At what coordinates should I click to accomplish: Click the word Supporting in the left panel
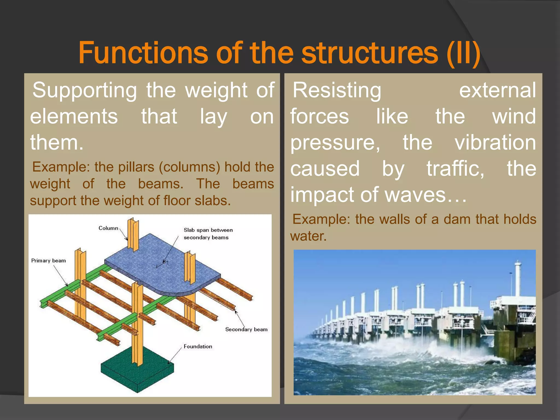pos(85,90)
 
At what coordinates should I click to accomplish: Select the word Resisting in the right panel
pos(337,90)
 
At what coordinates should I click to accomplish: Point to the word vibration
pos(495,142)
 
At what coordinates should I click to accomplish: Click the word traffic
pos(455,168)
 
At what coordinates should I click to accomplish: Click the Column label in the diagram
pos(108,228)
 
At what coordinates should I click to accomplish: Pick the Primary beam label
pos(48,261)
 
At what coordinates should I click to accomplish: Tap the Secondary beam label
pos(246,329)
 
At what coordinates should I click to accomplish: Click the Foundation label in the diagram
pos(198,346)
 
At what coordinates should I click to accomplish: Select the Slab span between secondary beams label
pos(208,234)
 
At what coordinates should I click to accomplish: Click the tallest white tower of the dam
pos(518,279)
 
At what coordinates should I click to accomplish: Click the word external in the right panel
pos(497,90)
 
